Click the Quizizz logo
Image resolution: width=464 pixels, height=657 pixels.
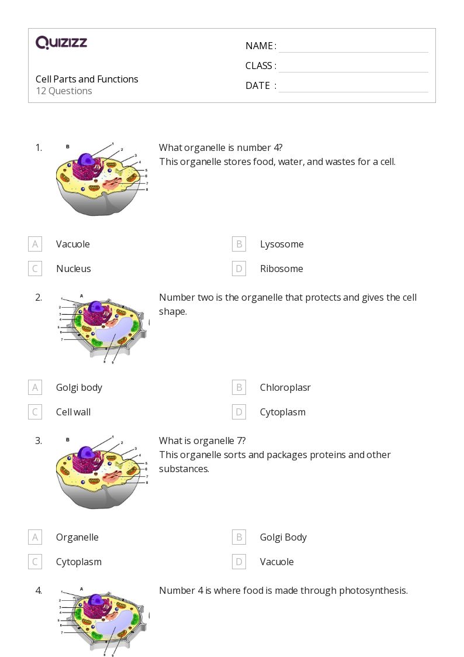coord(61,43)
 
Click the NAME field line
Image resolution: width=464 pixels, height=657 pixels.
coord(353,46)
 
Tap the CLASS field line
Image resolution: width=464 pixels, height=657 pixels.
coord(353,66)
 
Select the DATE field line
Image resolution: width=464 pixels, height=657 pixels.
coord(353,86)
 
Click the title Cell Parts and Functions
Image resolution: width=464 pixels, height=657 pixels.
coord(87,79)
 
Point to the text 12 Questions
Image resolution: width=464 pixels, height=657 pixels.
coord(64,91)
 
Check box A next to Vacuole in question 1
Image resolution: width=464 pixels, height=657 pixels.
coord(35,244)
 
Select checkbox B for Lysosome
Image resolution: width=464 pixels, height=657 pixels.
coord(238,244)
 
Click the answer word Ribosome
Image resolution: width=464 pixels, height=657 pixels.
coord(281,269)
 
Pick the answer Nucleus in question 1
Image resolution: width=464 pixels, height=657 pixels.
coord(73,269)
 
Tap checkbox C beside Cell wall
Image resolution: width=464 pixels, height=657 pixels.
coord(35,412)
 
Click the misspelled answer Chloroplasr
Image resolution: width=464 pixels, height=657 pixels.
coord(285,387)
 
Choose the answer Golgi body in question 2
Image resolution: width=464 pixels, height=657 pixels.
coord(79,387)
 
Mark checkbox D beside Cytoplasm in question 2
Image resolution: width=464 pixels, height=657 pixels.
coord(238,412)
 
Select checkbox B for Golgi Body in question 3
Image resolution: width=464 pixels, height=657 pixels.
coord(238,537)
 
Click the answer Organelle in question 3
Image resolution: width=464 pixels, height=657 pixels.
coord(77,537)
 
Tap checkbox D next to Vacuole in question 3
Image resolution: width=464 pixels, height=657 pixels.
coord(238,562)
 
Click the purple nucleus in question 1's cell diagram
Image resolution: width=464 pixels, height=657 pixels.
coord(86,160)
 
